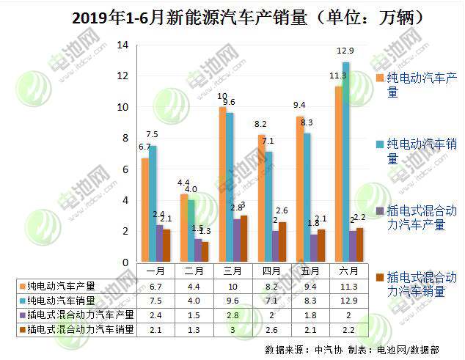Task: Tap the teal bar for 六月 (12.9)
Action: click(346, 162)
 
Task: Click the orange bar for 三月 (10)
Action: click(222, 184)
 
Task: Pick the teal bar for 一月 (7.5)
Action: click(152, 204)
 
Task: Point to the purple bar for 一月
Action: click(159, 243)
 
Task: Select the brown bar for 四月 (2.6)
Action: click(283, 242)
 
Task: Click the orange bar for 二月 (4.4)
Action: click(183, 227)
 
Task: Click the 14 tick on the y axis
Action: click(122, 45)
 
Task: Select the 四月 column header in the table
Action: click(271, 271)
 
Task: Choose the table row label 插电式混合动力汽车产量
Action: click(76, 315)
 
